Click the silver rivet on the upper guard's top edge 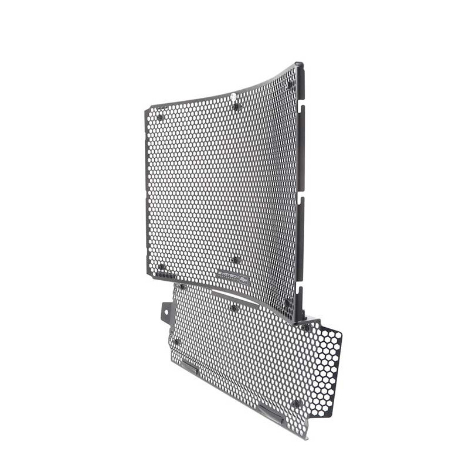[233, 96]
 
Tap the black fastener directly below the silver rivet [236, 107]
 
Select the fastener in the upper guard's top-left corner [160, 117]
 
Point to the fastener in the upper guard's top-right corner [290, 84]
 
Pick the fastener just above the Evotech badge [235, 260]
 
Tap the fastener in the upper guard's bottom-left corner [161, 267]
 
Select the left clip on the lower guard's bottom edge [189, 366]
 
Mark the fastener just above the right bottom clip [295, 403]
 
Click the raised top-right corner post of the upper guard [300, 66]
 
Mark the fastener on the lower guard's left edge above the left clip [176, 342]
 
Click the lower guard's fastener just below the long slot [234, 307]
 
